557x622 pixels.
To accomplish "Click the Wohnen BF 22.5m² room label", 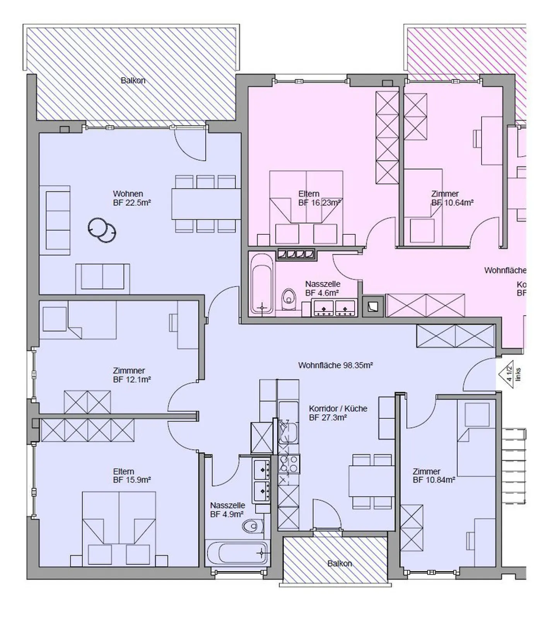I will (x=132, y=198).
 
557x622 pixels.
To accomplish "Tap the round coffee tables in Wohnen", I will (x=102, y=230).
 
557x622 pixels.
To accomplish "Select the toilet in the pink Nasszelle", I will (x=288, y=299).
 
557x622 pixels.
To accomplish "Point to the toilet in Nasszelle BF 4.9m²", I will (x=252, y=526).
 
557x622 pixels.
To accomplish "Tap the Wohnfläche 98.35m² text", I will (x=335, y=365).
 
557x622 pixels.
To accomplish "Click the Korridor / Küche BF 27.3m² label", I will (x=338, y=413).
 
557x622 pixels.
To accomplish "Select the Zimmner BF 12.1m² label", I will (x=132, y=375).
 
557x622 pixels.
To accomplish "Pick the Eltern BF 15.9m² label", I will (x=132, y=475).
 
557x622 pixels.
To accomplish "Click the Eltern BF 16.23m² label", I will (x=320, y=198).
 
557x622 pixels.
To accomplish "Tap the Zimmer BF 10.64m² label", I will (x=452, y=198).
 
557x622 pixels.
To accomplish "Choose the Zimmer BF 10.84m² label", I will (x=434, y=475).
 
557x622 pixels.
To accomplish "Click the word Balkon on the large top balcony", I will (x=133, y=80).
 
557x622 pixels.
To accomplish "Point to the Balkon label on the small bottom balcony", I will (x=340, y=563).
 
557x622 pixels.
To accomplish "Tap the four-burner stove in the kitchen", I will (x=289, y=464).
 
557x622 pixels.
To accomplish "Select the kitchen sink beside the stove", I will (x=288, y=432).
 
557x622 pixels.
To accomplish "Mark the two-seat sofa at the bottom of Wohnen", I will (x=103, y=277).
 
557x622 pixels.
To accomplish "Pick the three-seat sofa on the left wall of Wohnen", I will (x=58, y=220).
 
